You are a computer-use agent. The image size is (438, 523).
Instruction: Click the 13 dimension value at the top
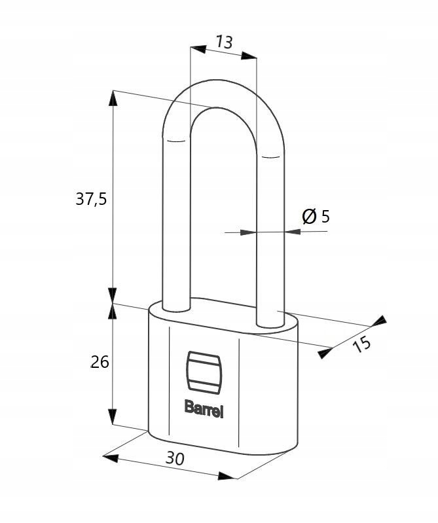tap(224, 43)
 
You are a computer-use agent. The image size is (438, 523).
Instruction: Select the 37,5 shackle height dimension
tap(91, 199)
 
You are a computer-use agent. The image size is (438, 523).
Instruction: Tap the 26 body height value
tap(100, 362)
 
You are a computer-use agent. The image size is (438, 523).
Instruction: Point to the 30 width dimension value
tap(175, 458)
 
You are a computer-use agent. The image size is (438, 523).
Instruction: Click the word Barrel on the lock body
tap(204, 408)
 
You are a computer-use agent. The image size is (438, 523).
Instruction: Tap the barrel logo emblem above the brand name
tap(203, 370)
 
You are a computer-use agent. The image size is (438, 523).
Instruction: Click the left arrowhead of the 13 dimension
tap(198, 49)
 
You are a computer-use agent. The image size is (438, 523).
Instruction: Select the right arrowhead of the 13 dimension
tap(249, 56)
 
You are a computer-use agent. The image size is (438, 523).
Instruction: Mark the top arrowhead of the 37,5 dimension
tap(113, 98)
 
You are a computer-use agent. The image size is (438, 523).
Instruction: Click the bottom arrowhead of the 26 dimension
tap(113, 416)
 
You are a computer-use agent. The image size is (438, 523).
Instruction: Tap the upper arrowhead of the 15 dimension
tap(379, 320)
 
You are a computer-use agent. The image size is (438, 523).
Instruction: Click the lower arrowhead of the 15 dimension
tap(325, 353)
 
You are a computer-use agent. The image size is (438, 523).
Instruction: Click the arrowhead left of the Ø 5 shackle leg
tap(248, 232)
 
